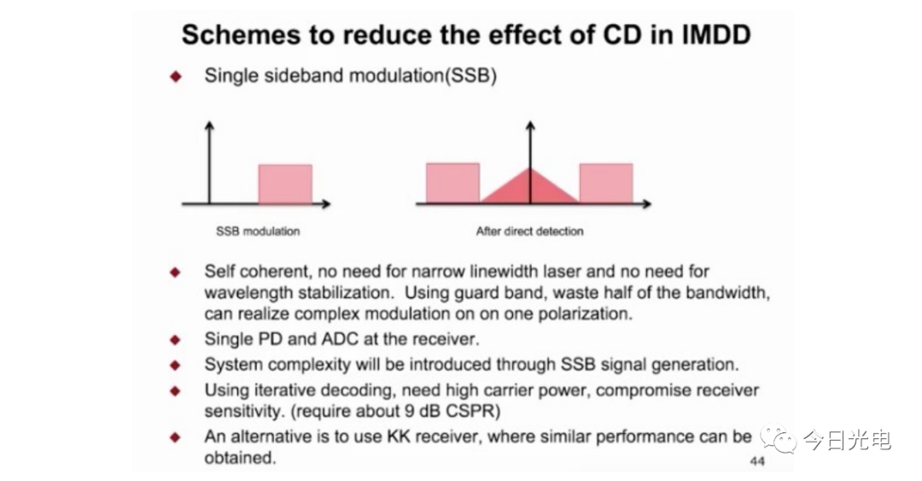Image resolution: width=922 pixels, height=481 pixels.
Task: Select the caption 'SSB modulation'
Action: (x=258, y=232)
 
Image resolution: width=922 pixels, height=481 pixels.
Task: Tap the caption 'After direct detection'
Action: (x=530, y=232)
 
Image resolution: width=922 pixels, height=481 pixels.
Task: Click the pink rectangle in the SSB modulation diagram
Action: (x=285, y=185)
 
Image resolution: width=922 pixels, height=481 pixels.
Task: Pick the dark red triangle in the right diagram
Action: (x=530, y=186)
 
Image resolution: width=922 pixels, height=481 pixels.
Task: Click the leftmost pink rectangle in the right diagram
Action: (x=452, y=184)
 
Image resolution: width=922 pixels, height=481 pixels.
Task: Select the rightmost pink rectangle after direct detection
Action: (x=606, y=184)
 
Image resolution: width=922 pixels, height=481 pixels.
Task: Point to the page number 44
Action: (x=757, y=461)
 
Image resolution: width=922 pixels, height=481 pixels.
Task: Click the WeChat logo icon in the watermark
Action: (x=778, y=438)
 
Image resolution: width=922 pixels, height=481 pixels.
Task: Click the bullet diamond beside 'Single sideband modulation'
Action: (x=175, y=77)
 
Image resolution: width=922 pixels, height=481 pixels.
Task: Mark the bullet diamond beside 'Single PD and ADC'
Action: (x=175, y=340)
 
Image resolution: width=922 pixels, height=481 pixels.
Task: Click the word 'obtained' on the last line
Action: (x=240, y=457)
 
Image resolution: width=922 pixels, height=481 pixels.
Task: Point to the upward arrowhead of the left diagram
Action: (x=209, y=125)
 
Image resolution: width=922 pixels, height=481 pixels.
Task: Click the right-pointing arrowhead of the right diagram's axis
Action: (x=647, y=203)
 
